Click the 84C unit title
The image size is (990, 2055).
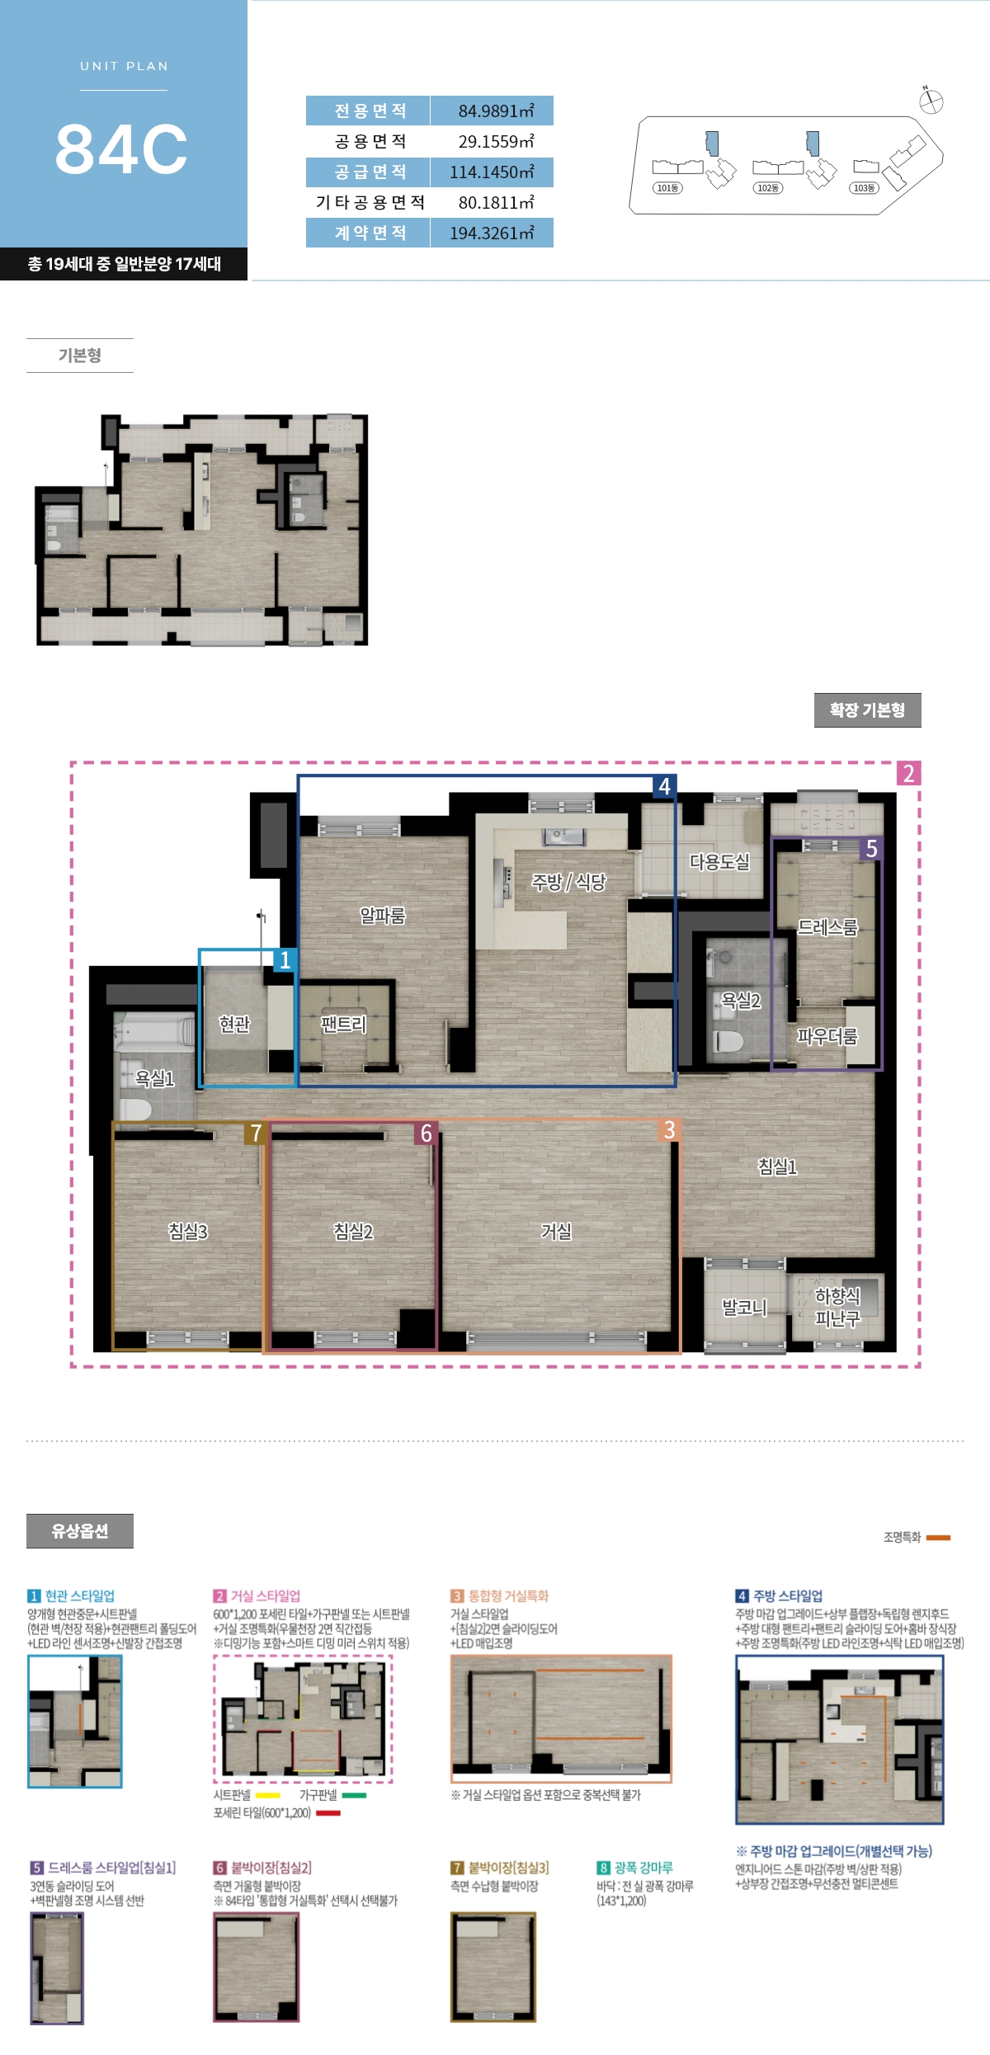point(121,149)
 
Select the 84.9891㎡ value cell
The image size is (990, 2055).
point(492,111)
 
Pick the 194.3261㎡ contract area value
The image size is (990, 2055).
point(492,233)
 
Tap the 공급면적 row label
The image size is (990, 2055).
point(368,172)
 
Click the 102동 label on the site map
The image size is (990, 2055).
point(767,188)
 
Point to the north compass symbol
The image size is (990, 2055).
point(931,101)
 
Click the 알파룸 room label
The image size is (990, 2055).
point(383,915)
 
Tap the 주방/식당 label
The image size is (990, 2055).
point(568,882)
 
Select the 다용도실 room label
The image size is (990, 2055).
point(719,861)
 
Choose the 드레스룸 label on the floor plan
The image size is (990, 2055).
point(827,927)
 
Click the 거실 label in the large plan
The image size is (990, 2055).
point(556,1231)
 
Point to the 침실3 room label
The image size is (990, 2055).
point(188,1231)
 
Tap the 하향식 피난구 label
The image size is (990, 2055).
point(837,1308)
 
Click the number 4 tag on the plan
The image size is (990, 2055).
point(665,786)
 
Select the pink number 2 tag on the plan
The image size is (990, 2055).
point(908,773)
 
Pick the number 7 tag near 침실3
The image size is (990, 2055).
point(256,1134)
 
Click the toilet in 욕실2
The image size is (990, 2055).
point(728,1039)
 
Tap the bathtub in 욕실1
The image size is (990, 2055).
point(153,1032)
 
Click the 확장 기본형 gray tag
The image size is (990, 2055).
point(867,710)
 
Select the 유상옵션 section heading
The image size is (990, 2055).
point(80,1531)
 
